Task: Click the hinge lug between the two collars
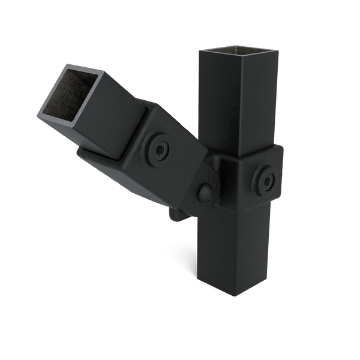click(207, 186)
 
